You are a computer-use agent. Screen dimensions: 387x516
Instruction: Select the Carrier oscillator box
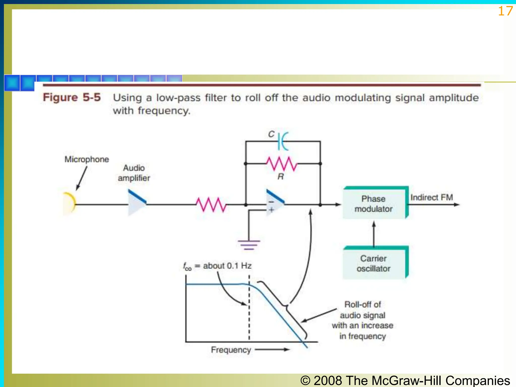[374, 264]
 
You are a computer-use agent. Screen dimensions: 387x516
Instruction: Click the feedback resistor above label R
[282, 164]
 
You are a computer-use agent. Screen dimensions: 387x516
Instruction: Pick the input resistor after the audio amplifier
[211, 204]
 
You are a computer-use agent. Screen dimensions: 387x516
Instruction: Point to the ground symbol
[249, 244]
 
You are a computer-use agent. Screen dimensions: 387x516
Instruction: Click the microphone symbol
[70, 203]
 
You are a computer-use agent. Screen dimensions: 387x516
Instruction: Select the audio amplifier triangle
[136, 203]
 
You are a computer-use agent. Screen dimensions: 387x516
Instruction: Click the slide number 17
[505, 11]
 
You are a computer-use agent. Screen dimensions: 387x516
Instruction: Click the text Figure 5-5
[72, 98]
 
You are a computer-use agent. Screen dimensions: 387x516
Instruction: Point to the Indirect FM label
[431, 197]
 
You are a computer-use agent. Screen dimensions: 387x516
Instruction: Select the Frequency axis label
[231, 350]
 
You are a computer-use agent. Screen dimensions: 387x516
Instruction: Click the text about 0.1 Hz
[227, 266]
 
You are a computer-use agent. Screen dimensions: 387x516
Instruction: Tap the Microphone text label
[87, 159]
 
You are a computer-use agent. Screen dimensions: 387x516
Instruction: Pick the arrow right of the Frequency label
[272, 349]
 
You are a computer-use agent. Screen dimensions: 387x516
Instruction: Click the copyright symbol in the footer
[305, 380]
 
